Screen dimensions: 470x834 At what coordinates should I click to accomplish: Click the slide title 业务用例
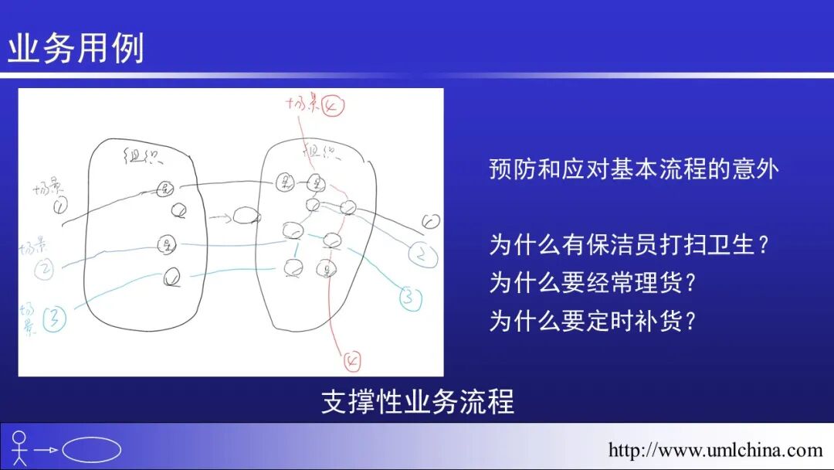point(76,49)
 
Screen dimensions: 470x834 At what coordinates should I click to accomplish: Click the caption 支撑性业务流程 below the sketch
point(417,402)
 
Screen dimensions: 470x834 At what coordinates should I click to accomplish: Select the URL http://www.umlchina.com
point(715,450)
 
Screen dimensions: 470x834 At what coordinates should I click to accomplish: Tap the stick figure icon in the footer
point(20,448)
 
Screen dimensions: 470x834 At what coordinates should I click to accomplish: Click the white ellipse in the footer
point(91,449)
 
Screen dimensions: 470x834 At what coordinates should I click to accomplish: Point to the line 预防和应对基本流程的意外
point(633,169)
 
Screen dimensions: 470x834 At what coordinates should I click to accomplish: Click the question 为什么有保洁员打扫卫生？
point(629,245)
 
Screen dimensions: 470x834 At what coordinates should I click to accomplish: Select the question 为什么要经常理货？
point(593,282)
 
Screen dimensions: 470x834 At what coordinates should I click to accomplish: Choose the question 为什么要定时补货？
point(593,319)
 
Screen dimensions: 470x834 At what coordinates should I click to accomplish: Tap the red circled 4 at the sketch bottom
point(351,359)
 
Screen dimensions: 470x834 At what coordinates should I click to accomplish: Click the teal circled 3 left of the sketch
point(55,317)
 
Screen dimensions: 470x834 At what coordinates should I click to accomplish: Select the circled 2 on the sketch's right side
point(422,254)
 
